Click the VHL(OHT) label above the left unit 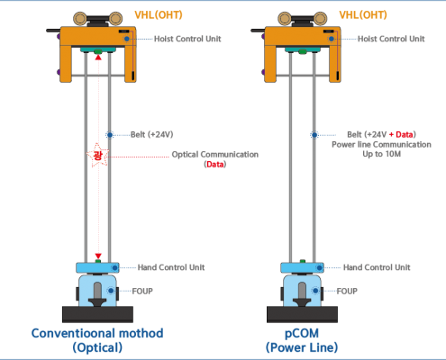(159, 14)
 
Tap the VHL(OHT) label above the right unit (363, 14)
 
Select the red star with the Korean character (97, 155)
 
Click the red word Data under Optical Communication (215, 164)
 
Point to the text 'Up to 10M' (381, 154)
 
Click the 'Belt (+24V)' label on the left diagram (151, 134)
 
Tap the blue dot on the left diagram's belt (110, 135)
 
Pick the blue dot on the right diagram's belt (314, 135)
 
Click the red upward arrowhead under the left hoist (98, 57)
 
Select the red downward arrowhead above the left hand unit (98, 256)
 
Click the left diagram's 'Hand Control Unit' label (171, 267)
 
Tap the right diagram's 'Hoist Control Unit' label (391, 39)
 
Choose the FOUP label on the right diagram (347, 291)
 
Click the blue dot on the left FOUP (111, 291)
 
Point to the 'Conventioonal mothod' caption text (97, 333)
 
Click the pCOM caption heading (302, 334)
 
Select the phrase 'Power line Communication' (381, 144)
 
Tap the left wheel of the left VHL (80, 19)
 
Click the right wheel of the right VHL (320, 19)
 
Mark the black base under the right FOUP (302, 314)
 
